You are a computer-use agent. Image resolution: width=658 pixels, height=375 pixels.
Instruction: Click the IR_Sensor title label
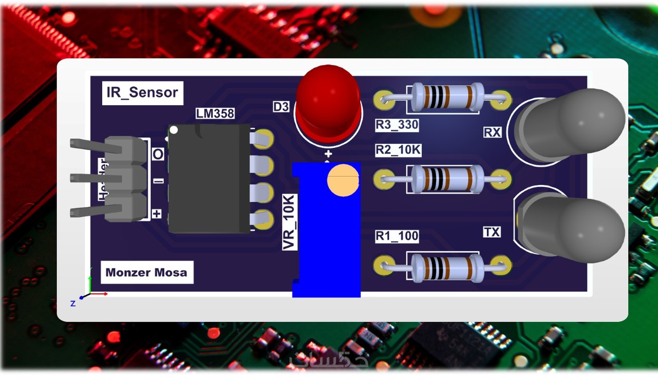coord(142,93)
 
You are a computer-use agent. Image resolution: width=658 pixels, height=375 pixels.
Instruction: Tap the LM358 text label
coord(215,113)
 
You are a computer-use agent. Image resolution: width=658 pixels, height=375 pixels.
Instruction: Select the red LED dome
coord(328,99)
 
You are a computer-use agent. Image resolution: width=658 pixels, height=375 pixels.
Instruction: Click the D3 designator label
coord(281,107)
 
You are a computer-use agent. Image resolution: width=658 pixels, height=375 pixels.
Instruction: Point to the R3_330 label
coord(397,125)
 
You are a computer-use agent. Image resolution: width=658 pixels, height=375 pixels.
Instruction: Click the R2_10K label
coord(398,150)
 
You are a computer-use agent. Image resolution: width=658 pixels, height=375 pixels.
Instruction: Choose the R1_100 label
coord(397,236)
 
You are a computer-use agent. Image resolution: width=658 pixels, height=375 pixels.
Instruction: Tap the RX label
coord(492,133)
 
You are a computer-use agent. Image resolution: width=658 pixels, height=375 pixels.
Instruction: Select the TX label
coord(492,232)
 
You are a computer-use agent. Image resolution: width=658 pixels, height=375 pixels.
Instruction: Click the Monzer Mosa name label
coord(146,273)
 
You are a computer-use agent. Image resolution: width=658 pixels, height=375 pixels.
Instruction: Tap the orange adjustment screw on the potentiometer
coord(343,180)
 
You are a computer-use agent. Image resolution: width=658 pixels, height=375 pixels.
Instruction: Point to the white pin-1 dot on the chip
coord(174,130)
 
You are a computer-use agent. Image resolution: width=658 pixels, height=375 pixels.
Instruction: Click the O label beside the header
coord(158,154)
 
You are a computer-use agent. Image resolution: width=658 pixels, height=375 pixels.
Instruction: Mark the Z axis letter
coord(73,303)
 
